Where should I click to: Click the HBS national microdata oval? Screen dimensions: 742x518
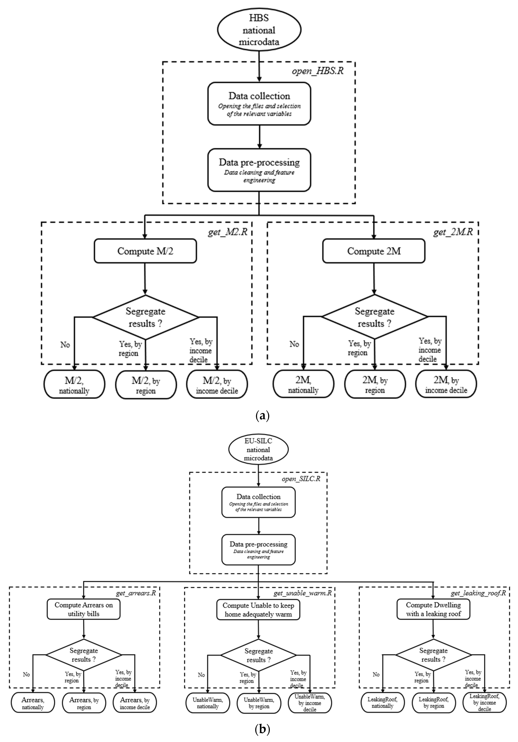tap(259, 30)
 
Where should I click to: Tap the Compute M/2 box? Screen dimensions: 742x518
tap(145, 251)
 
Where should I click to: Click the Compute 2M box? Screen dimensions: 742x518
tap(374, 251)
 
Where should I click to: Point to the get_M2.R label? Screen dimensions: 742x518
tap(227, 232)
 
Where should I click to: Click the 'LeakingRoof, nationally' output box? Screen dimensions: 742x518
tap(382, 703)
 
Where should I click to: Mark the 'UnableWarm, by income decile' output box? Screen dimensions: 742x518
tap(310, 703)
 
